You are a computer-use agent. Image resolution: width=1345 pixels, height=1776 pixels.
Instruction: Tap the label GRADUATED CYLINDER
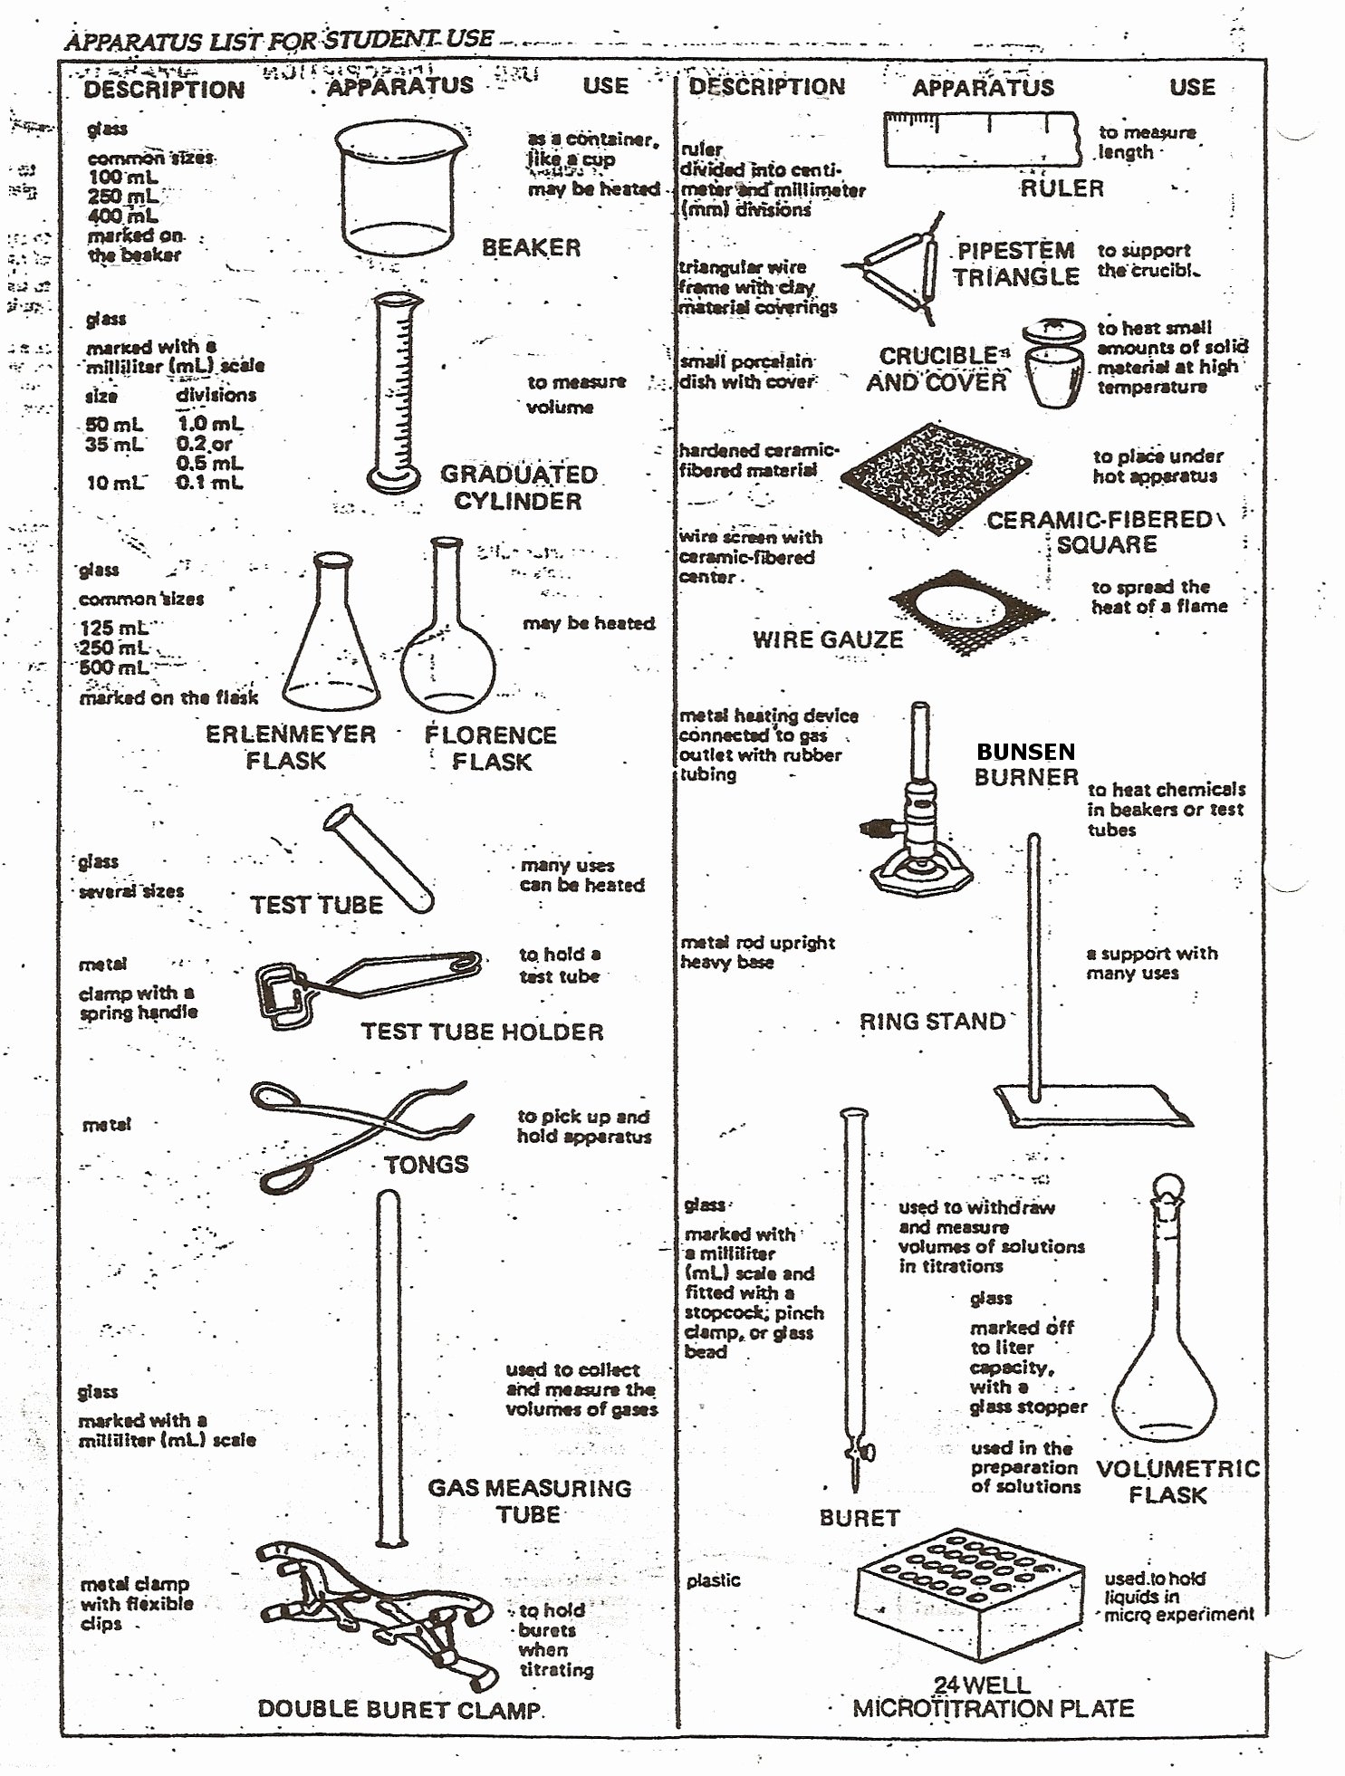tap(518, 487)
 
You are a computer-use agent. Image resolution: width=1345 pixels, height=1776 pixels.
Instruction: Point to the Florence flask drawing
tap(447, 643)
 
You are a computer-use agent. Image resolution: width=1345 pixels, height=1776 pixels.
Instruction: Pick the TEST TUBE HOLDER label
tap(482, 1032)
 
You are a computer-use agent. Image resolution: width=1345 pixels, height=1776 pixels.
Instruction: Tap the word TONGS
tap(426, 1164)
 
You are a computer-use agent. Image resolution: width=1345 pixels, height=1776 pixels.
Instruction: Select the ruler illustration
tap(982, 139)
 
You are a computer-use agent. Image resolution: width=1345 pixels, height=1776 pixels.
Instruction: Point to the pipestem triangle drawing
tap(897, 267)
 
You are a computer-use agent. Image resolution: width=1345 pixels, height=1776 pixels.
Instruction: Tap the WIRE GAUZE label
tap(828, 639)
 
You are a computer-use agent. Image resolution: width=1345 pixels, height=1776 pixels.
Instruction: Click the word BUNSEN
tap(1025, 752)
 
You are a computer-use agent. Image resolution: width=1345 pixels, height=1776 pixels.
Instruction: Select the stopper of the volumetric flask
tap(1168, 1187)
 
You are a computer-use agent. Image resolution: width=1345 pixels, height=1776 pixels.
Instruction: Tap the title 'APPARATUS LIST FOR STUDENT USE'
tap(279, 40)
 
